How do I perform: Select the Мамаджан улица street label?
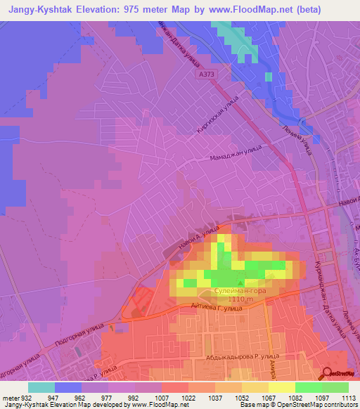(x=235, y=154)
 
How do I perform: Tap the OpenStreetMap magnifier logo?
(x=329, y=373)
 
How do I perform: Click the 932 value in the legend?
(x=24, y=397)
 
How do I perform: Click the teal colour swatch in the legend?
(x=41, y=387)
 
